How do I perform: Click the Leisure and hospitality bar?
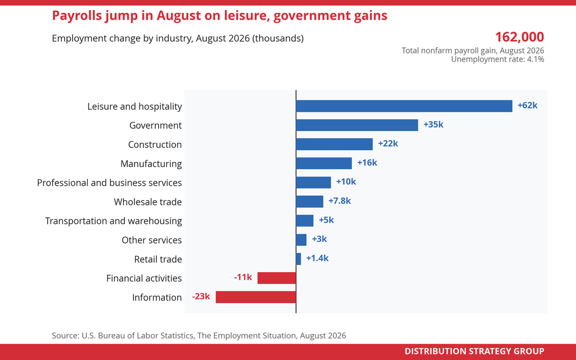[x=404, y=106]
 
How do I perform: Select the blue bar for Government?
[x=357, y=125]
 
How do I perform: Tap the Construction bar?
[x=334, y=145]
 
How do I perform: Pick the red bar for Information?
[x=256, y=297]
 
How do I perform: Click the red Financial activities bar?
[x=277, y=278]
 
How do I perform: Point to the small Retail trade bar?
[x=298, y=259]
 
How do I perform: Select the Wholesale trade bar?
[x=310, y=202]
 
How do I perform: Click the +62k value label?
[x=528, y=105]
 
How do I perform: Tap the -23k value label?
[x=201, y=296]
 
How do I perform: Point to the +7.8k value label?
[x=339, y=201]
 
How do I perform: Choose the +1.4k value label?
[x=317, y=258]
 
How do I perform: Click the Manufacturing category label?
[x=151, y=164]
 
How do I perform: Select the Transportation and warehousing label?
[x=114, y=221]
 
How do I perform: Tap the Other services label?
[x=152, y=240]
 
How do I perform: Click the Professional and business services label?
[x=110, y=183]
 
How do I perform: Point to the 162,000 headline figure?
[x=519, y=37]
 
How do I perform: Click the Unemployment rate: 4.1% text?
[x=497, y=60]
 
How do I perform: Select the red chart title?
[x=220, y=16]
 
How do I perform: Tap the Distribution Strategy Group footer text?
[x=474, y=351]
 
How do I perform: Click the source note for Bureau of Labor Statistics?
[x=199, y=336]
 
